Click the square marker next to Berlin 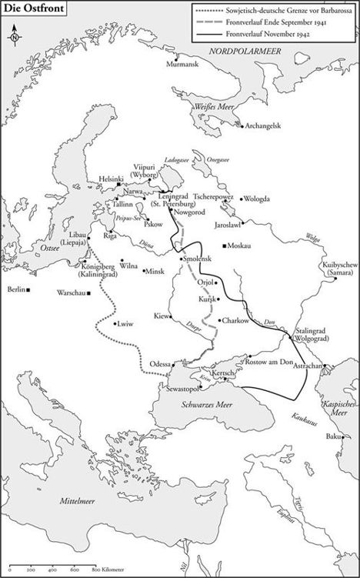28,291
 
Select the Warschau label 71,292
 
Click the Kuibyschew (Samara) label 338,271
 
